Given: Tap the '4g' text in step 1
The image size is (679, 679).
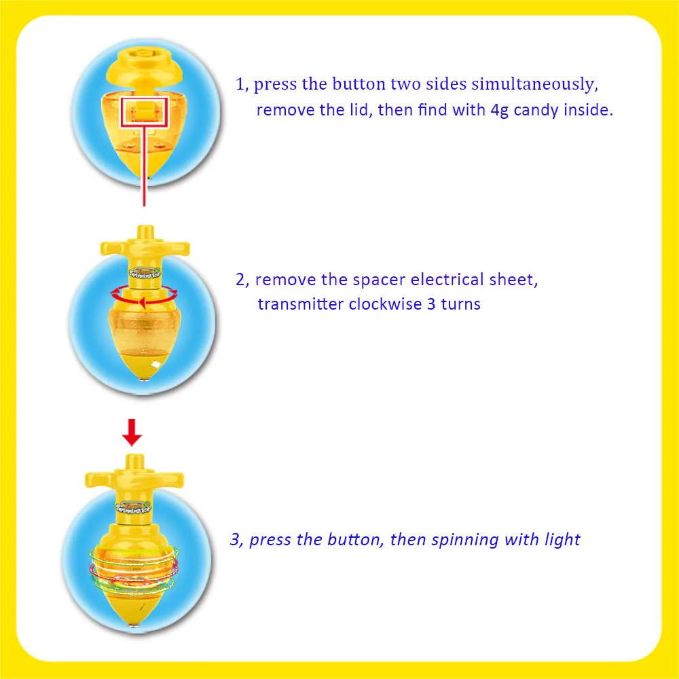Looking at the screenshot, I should click(500, 110).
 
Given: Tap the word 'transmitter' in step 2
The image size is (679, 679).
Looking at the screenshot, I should click(301, 304).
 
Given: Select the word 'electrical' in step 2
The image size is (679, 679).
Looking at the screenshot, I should click(447, 280).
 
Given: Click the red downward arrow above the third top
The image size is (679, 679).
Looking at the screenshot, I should click(133, 432).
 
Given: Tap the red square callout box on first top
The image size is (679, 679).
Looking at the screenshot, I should click(144, 111).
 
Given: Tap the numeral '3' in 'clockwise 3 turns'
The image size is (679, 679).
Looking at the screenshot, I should click(430, 304).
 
